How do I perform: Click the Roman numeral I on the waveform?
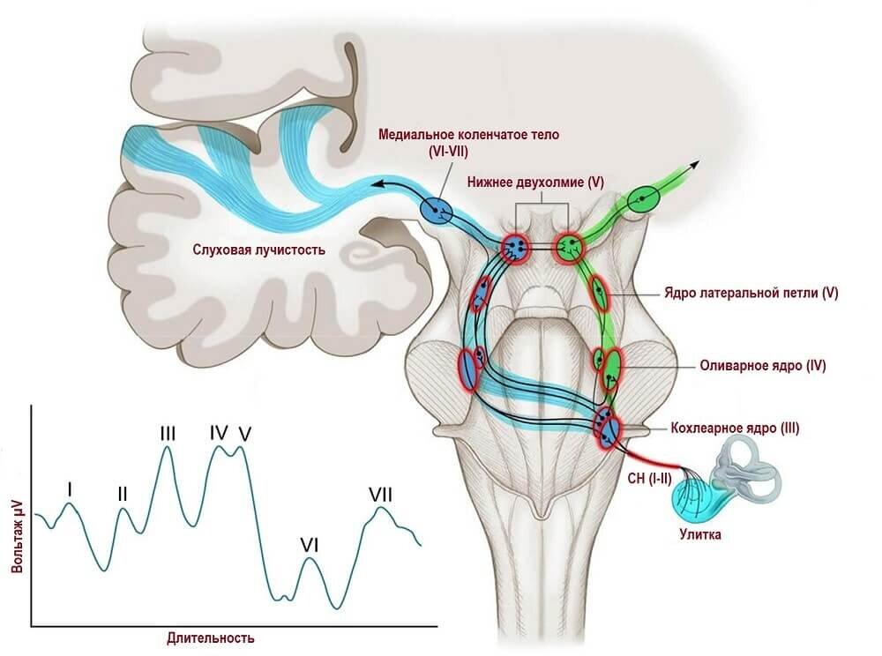click(x=70, y=487)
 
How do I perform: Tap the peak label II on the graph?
click(x=123, y=494)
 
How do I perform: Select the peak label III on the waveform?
click(x=168, y=433)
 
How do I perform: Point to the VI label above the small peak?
click(x=309, y=545)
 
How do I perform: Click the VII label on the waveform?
click(x=380, y=494)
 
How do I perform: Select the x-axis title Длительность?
click(x=211, y=637)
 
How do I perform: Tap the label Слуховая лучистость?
click(x=259, y=250)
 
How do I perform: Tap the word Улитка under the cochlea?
click(x=703, y=533)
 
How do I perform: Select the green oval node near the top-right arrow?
click(x=642, y=202)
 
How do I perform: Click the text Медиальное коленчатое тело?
click(x=468, y=135)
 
